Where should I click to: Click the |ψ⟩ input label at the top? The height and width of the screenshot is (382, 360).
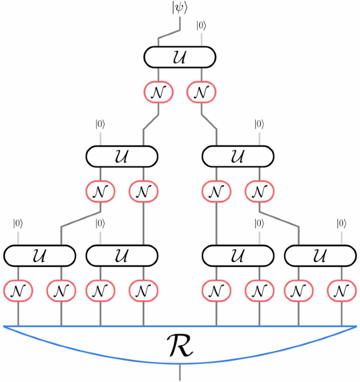click(180, 8)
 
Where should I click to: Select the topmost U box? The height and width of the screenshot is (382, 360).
click(180, 57)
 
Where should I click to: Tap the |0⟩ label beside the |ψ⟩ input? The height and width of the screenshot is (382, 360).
click(201, 25)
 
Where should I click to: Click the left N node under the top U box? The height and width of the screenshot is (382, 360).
click(158, 92)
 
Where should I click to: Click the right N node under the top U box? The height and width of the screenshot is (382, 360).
click(201, 92)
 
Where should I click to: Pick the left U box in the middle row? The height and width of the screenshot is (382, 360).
click(122, 156)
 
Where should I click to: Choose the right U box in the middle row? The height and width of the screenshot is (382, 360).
click(238, 156)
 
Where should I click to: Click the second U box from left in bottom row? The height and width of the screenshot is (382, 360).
click(122, 256)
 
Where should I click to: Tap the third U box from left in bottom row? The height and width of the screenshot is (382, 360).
click(238, 256)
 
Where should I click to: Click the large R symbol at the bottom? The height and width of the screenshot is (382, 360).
click(180, 346)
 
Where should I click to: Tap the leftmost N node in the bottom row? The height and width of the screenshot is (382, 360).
click(18, 291)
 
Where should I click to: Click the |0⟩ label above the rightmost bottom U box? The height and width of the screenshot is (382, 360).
click(341, 223)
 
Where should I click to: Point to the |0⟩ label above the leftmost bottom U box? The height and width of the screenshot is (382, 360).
click(18, 223)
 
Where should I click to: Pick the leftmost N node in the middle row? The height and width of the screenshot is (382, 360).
click(100, 192)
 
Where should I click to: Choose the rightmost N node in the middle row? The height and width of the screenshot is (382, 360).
click(259, 192)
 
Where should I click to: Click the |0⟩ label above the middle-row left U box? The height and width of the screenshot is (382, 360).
click(100, 125)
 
